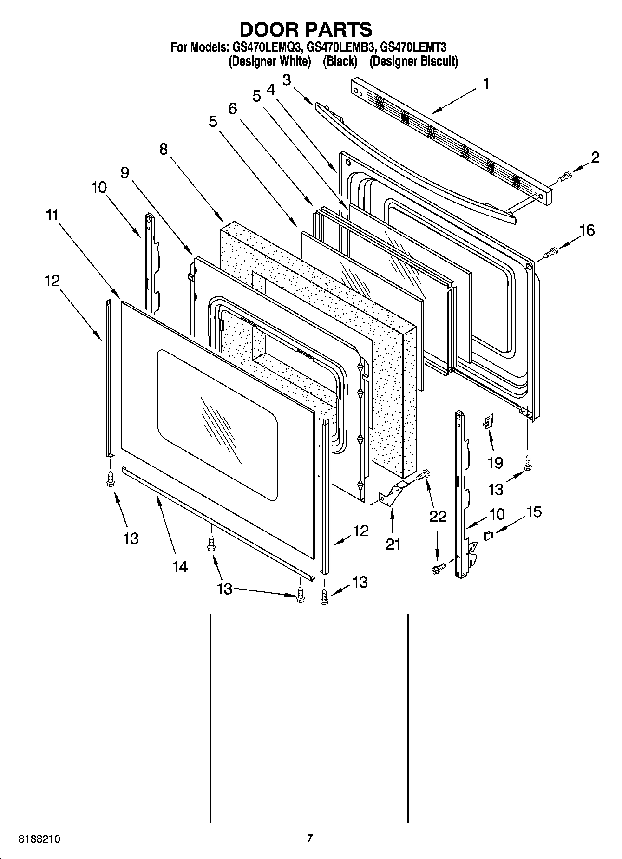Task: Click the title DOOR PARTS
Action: tap(306, 30)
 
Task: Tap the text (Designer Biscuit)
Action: tap(413, 61)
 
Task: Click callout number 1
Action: tap(486, 84)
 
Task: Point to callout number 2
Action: tap(595, 157)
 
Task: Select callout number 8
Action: tap(163, 149)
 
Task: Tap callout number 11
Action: tap(52, 215)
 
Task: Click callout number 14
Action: tap(180, 566)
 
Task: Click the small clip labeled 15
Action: tap(489, 536)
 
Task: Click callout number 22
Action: tap(438, 516)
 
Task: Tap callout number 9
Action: tap(124, 172)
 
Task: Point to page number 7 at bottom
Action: tap(310, 839)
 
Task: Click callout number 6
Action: tap(232, 109)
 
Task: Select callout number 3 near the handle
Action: tap(287, 80)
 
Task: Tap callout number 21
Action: tap(393, 544)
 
